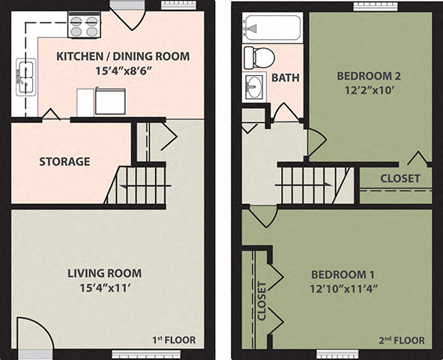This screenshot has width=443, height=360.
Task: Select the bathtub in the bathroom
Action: pos(271,28)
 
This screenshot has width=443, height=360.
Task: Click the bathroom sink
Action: pos(255,85)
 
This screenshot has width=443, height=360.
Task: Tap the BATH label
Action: pos(286,77)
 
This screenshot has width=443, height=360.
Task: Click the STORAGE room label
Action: pos(64,161)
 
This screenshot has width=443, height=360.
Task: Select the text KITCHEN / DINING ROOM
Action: pos(124,56)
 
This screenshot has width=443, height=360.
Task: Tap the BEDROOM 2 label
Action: pos(370,76)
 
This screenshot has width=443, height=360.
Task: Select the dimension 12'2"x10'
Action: pos(370,89)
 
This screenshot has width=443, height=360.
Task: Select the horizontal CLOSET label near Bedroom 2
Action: pos(400,178)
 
